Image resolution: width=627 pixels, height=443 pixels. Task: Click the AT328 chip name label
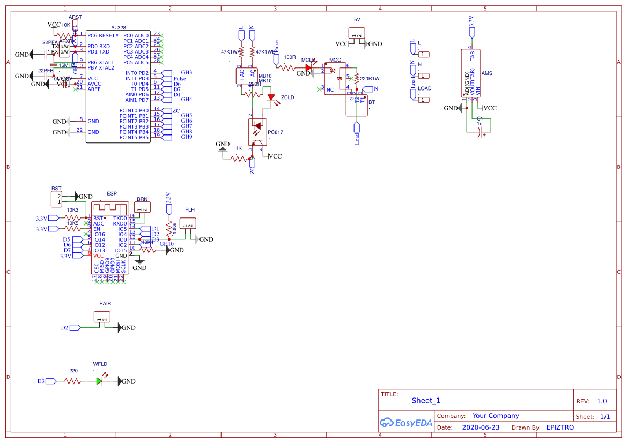119,28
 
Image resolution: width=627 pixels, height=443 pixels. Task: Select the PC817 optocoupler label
275,132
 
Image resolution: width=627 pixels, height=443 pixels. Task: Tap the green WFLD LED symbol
100,381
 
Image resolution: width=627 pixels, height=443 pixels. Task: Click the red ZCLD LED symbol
271,98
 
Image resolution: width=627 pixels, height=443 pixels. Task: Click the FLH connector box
188,223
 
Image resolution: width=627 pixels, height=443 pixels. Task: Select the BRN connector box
142,207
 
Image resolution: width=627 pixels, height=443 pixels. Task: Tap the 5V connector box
357,33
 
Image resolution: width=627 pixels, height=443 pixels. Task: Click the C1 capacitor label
480,118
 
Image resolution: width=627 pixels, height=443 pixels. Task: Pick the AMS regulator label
487,73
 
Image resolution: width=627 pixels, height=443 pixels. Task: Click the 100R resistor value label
290,57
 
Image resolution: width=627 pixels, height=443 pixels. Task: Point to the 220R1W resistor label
370,78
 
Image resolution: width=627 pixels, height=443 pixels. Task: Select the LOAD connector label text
425,88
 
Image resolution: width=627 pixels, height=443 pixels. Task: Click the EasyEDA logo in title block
405,423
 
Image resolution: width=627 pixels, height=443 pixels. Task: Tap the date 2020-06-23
481,427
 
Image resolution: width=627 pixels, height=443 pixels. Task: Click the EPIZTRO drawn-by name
560,427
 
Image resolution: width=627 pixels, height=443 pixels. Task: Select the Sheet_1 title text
426,401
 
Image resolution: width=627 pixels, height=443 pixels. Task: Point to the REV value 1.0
602,401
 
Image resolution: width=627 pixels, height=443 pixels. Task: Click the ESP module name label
112,193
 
